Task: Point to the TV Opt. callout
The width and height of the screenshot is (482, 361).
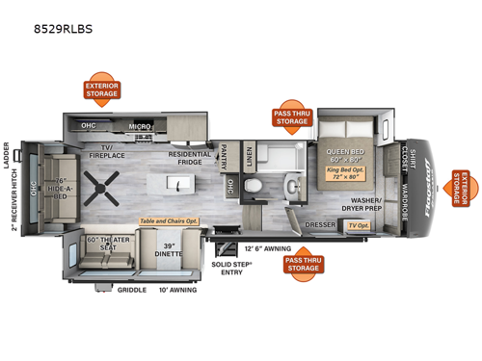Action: coord(359,226)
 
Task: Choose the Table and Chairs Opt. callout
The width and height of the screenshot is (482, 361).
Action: coord(170,220)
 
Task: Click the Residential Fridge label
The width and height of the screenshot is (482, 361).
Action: coord(190,158)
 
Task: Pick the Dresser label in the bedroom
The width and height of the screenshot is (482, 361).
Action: coord(320,225)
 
